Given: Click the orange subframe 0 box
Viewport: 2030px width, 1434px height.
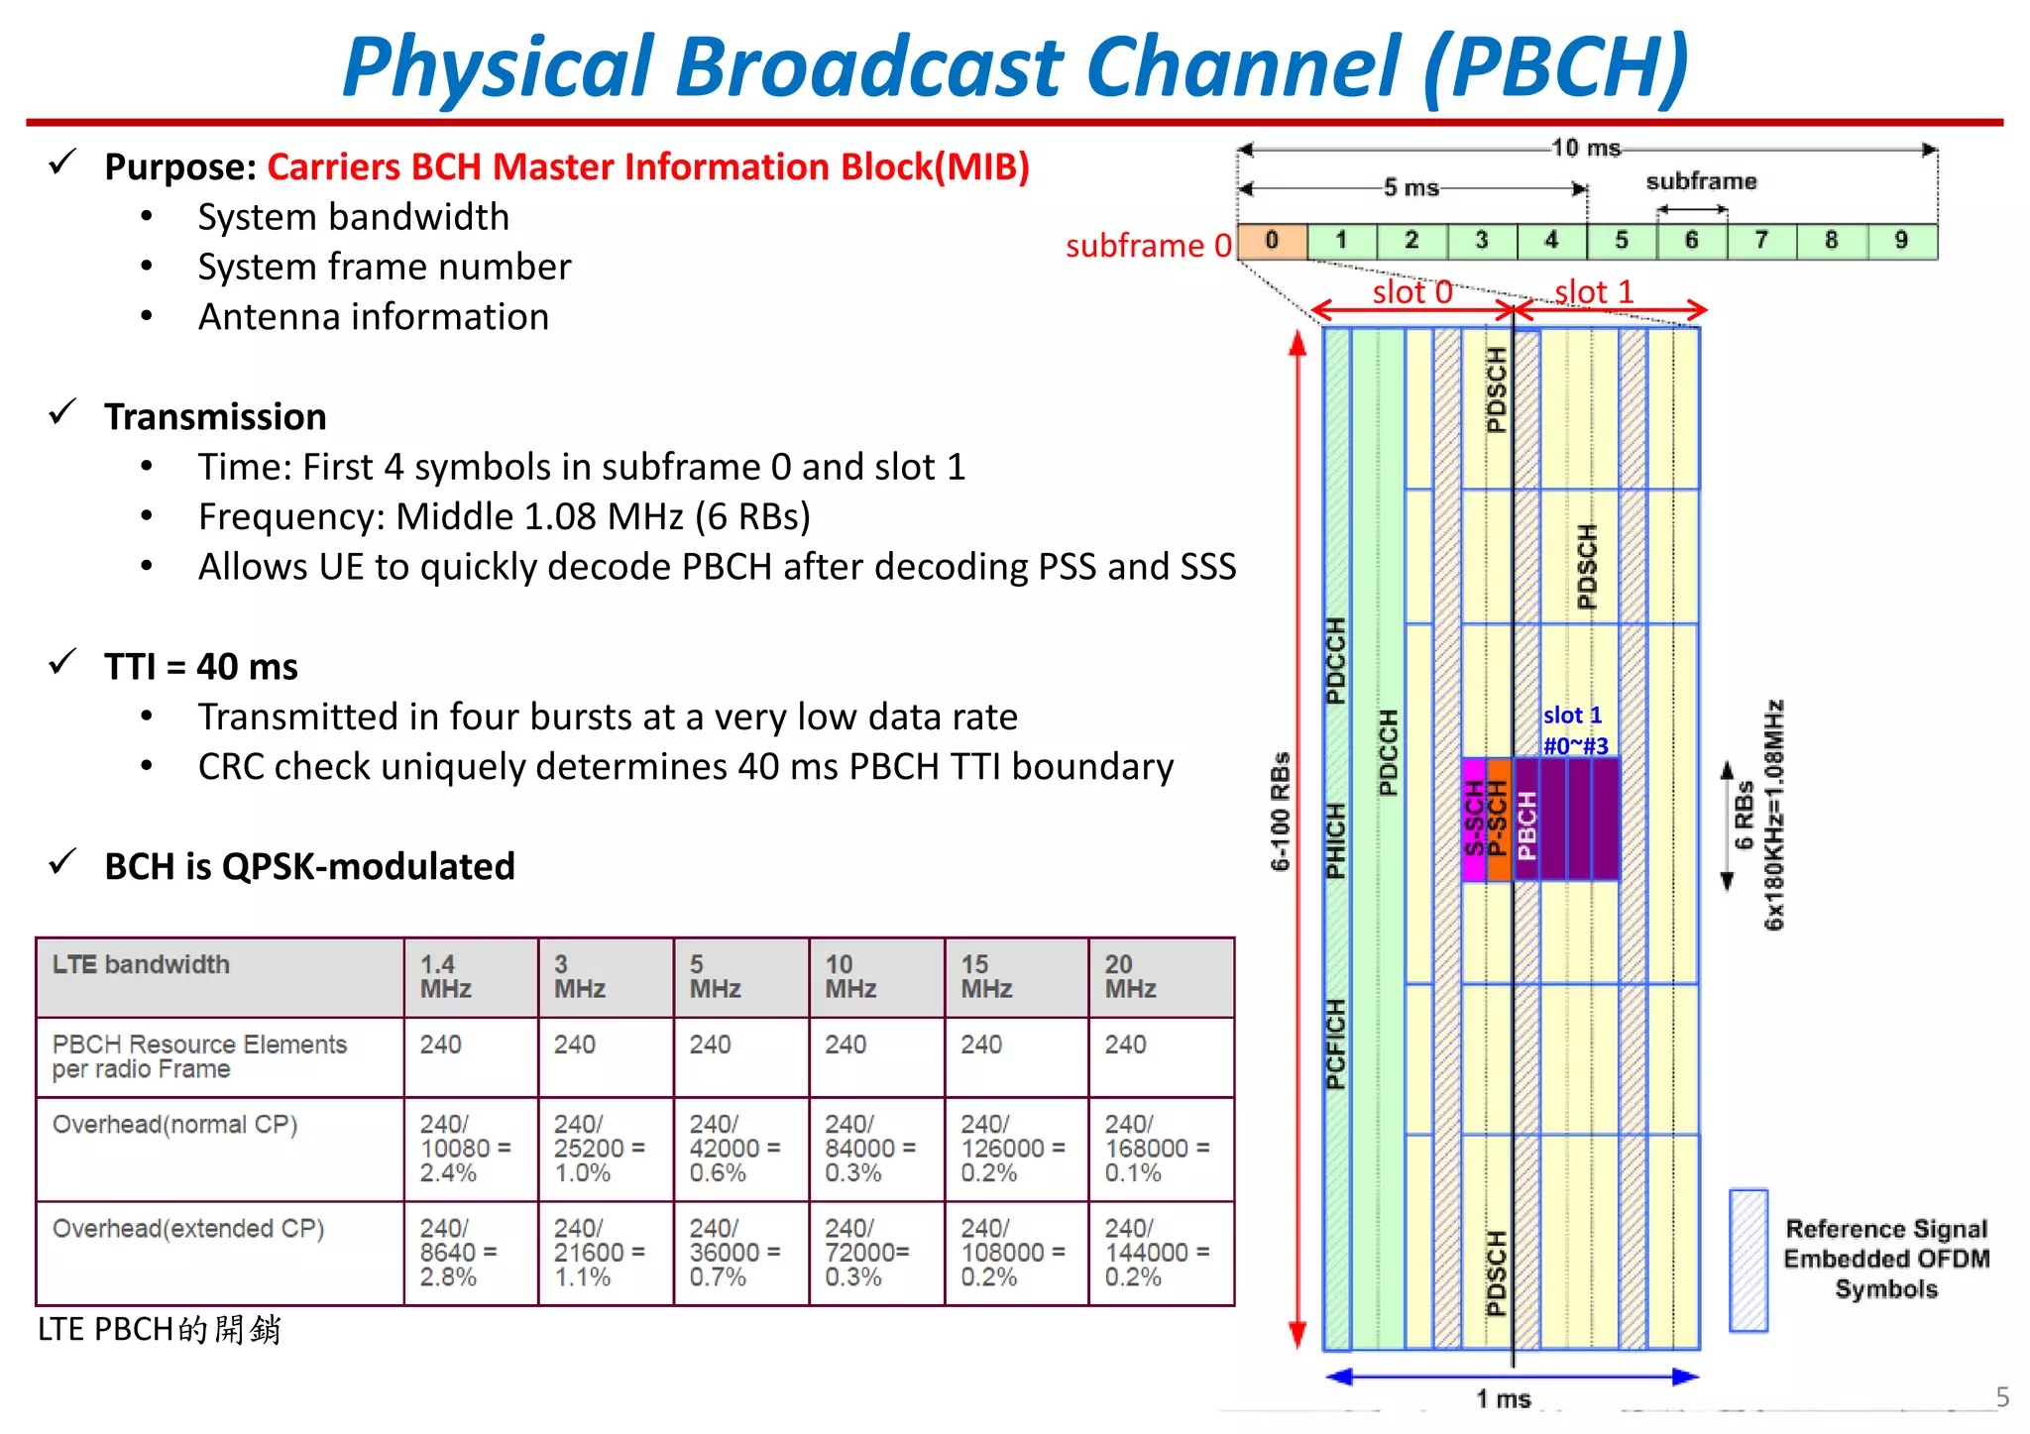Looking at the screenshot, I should coord(1272,241).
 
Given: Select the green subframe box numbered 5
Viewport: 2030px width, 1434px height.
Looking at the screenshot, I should coord(1622,241).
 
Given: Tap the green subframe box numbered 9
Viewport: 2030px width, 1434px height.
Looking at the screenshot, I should coord(1901,241).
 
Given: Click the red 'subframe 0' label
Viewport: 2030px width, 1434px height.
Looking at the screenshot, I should coord(1148,246).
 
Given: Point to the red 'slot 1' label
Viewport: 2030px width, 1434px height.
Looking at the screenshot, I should coord(1594,292).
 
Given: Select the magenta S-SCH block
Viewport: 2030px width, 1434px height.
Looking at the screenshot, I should coord(1474,820).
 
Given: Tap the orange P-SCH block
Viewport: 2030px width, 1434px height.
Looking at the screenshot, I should coord(1499,820).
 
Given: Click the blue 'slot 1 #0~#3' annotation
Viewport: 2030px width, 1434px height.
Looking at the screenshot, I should coord(1574,730).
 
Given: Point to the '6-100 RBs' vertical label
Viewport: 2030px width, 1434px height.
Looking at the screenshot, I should coord(1281,811).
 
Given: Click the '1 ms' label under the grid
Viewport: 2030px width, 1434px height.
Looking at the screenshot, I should coord(1503,1398).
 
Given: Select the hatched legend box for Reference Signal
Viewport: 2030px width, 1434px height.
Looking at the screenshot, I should coord(1748,1260).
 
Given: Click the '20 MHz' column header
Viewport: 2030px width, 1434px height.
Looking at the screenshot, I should coord(1131,976).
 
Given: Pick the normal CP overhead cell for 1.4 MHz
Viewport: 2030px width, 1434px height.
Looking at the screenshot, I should coord(465,1149).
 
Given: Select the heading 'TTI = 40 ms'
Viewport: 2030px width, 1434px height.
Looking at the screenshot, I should coord(201,667).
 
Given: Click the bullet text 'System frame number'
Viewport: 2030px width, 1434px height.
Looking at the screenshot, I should coord(385,268).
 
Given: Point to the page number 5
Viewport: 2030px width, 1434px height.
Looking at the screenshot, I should coord(2002,1397).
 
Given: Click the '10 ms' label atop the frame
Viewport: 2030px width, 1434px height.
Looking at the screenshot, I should coord(1586,149).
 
